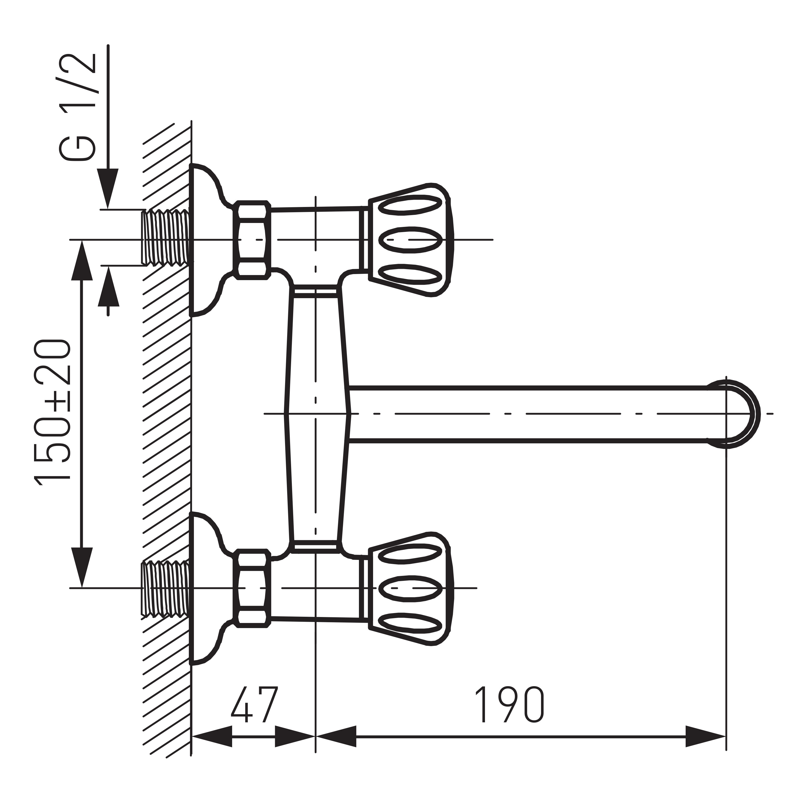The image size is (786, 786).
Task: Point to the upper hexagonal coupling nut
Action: (252, 240)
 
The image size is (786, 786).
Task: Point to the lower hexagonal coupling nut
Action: (252, 588)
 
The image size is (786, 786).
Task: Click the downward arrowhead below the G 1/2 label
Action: (108, 187)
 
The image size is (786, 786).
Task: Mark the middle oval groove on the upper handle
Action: (410, 240)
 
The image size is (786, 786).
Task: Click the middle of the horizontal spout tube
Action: (529, 414)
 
